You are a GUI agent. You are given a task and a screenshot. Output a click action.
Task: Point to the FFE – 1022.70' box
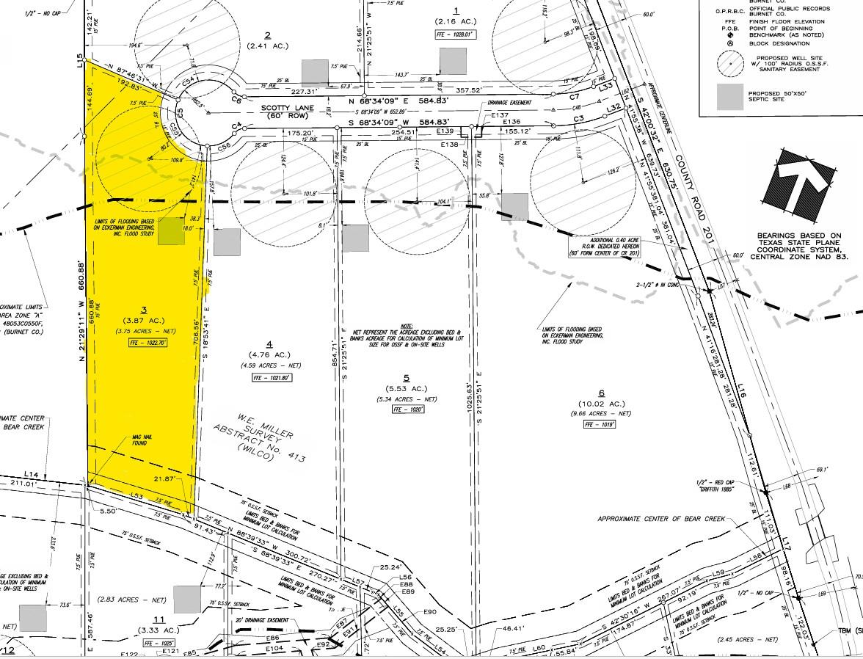[x=146, y=343]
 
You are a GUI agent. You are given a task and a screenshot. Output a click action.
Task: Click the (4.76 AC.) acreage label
[x=269, y=354]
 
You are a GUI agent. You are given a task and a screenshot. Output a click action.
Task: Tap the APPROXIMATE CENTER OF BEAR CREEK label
[x=661, y=519]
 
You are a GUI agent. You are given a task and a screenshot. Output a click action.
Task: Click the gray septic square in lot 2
[x=316, y=71]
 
